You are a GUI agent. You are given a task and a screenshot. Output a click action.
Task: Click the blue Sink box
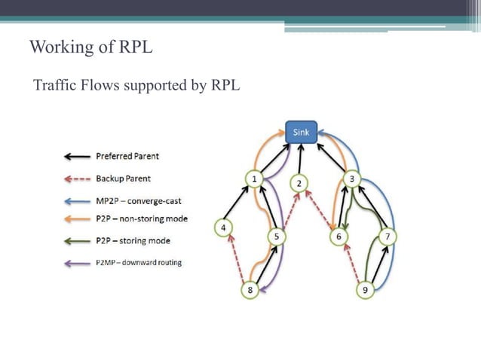pyautogui.click(x=301, y=132)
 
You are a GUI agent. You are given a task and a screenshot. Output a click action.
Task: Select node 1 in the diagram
pyautogui.click(x=255, y=178)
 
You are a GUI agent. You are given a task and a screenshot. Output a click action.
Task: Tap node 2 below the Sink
pyautogui.click(x=299, y=183)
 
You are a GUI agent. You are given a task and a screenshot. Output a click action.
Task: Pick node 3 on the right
pyautogui.click(x=352, y=178)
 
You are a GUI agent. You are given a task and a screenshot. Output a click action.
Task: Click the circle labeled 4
pyautogui.click(x=222, y=226)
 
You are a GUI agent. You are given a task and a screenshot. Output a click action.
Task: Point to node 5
pyautogui.click(x=277, y=236)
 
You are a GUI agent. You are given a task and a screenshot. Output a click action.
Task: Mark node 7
pyautogui.click(x=388, y=236)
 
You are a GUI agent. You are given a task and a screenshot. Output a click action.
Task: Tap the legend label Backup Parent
pyautogui.click(x=123, y=178)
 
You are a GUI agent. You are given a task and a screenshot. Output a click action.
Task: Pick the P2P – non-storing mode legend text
pyautogui.click(x=142, y=219)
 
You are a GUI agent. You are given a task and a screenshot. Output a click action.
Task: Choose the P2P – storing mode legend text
pyautogui.click(x=133, y=241)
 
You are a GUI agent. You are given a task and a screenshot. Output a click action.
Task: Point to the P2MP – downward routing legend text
pyautogui.click(x=138, y=262)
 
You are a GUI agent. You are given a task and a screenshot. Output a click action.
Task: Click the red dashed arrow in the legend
pyautogui.click(x=76, y=179)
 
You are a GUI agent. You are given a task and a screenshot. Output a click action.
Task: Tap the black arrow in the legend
pyautogui.click(x=76, y=157)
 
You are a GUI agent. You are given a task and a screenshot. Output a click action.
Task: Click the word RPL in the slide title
pyautogui.click(x=136, y=47)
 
